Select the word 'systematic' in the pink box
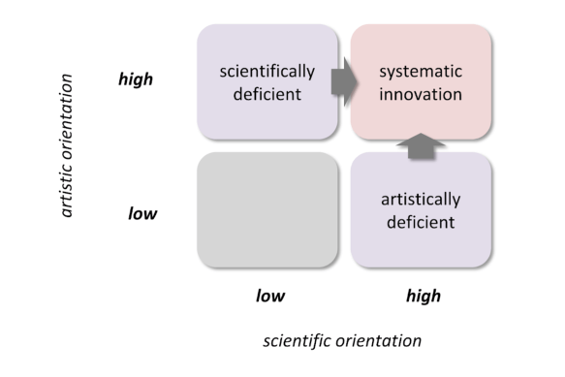click(420, 73)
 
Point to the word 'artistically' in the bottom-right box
click(420, 201)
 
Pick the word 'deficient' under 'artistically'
click(420, 222)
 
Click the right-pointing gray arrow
click(343, 84)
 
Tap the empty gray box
click(267, 209)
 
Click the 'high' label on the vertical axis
click(135, 79)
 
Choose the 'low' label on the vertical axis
click(142, 212)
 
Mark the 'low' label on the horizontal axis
click(269, 296)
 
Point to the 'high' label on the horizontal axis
click(423, 296)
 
